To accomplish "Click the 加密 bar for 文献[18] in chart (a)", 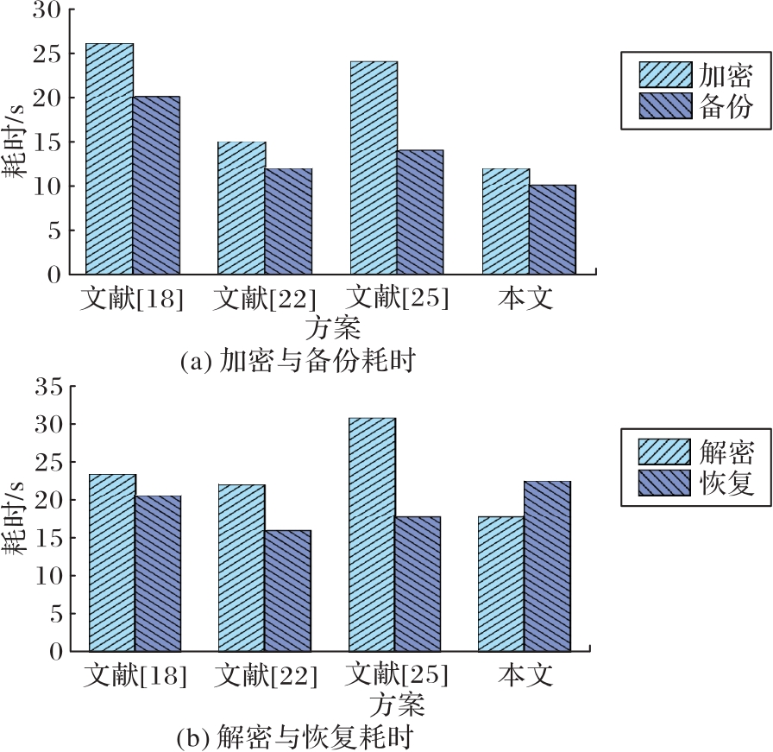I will coord(110,159).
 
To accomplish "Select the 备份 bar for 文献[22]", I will coord(288,221).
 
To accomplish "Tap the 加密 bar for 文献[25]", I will coord(374,167).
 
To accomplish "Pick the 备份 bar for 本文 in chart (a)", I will coord(552,230).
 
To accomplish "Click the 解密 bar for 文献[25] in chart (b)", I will coord(372,534).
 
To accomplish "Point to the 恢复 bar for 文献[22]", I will coord(287,591).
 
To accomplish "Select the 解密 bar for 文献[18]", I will coord(112,562).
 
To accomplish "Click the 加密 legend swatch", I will coord(665,74).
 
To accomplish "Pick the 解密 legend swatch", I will coord(664,452).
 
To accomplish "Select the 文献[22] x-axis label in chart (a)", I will coord(264,299).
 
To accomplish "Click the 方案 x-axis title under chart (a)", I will coord(332,329).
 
